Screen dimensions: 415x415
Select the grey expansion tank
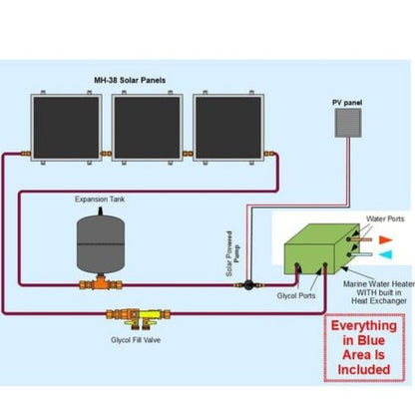[x=105, y=242]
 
